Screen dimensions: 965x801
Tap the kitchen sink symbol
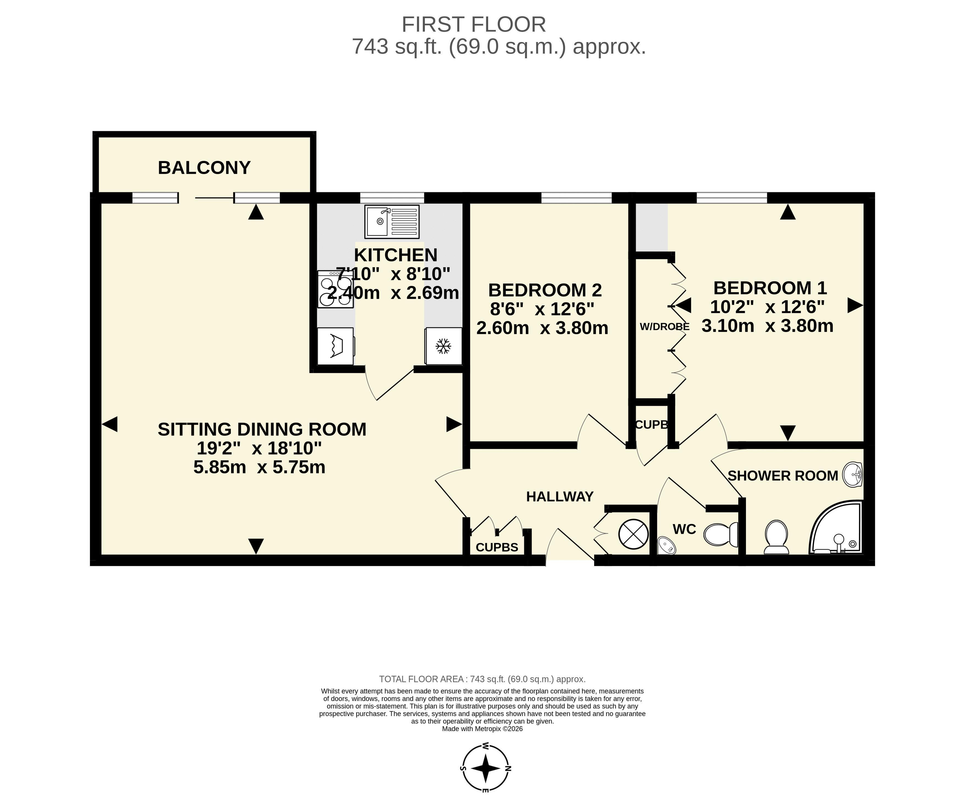(392, 221)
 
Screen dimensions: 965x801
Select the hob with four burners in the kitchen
(335, 289)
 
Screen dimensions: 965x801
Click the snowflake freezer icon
(443, 346)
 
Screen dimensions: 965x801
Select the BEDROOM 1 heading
(770, 288)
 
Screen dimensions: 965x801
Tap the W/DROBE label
(665, 327)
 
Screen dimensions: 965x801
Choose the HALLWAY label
(560, 497)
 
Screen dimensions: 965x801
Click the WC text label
(684, 529)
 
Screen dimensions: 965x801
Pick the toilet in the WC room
(721, 534)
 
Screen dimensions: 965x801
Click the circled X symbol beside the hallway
(633, 534)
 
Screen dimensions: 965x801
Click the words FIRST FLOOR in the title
(474, 24)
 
